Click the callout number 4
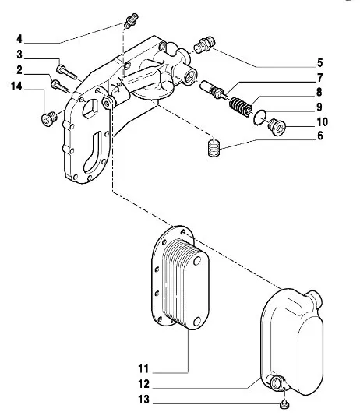(19, 39)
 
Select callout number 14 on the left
(16, 86)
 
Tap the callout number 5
(320, 63)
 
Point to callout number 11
(143, 368)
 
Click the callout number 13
(143, 400)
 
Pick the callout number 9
(319, 107)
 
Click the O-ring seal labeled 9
(259, 118)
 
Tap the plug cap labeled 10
(277, 127)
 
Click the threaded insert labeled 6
(214, 148)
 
